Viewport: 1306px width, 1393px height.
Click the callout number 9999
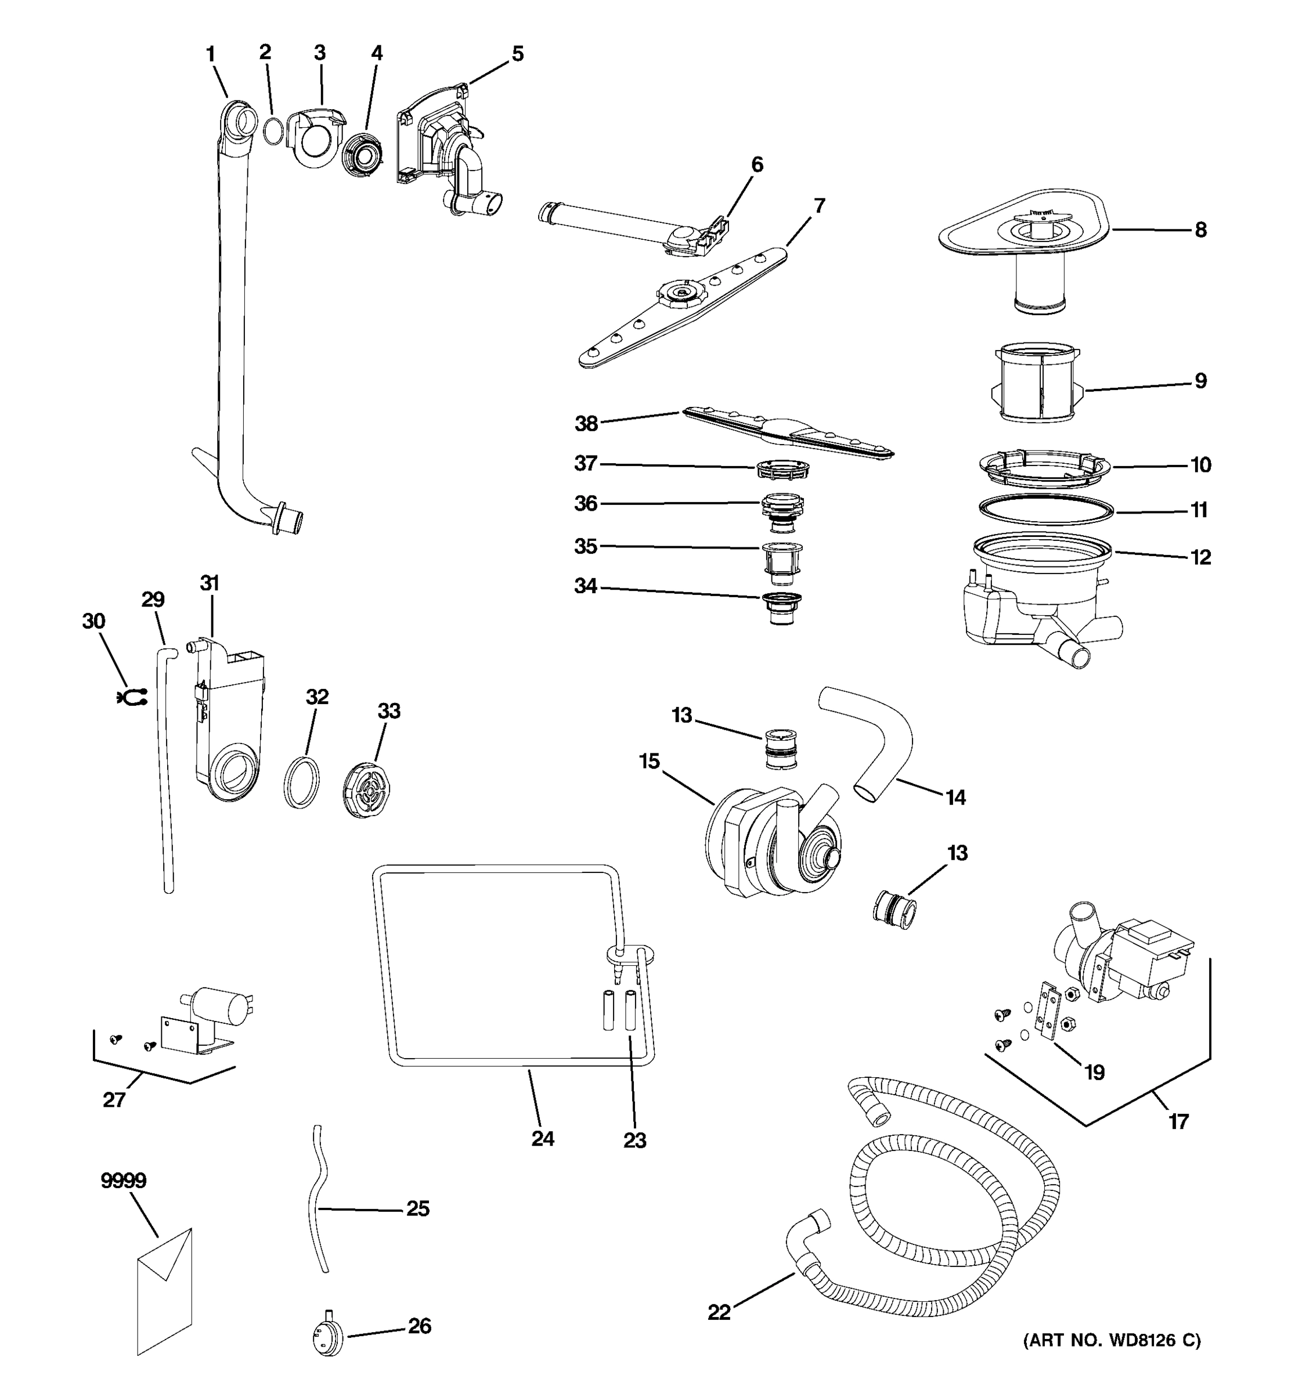tap(123, 1181)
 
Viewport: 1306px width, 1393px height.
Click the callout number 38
tap(586, 423)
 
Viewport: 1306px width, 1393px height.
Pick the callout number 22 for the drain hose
tap(719, 1312)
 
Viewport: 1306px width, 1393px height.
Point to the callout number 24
tap(542, 1139)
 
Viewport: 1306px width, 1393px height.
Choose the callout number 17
tap(1178, 1121)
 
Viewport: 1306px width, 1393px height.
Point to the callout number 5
tap(517, 54)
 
